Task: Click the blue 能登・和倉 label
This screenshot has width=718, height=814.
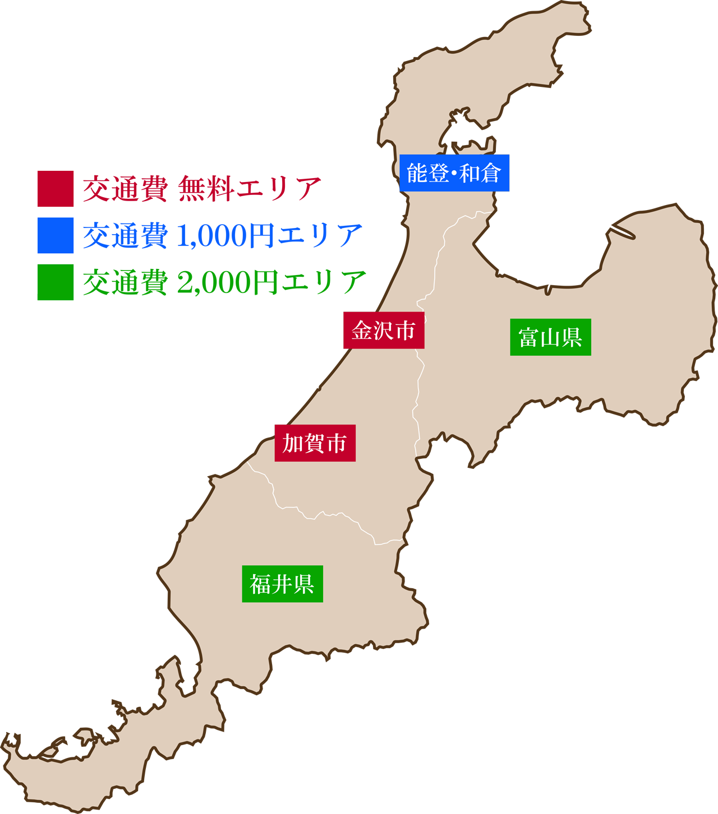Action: [x=454, y=173]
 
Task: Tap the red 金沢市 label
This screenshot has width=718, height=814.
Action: [x=384, y=331]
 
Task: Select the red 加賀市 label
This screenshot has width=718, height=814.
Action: [x=315, y=443]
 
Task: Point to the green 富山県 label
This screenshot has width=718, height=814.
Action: [x=550, y=337]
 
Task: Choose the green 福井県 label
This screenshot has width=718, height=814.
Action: [x=282, y=584]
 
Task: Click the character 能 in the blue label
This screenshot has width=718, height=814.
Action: [x=417, y=173]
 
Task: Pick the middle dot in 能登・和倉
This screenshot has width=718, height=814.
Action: [x=454, y=174]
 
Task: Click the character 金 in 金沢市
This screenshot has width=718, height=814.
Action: [x=362, y=331]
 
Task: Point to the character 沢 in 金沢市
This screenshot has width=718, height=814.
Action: [x=384, y=331]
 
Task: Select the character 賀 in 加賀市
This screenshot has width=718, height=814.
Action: [x=315, y=443]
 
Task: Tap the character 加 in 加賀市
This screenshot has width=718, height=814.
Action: [x=293, y=443]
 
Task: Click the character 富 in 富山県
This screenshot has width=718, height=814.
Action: [x=528, y=338]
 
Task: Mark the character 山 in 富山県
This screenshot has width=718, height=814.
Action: [x=550, y=338]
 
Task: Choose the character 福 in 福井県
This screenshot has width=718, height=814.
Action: [x=260, y=584]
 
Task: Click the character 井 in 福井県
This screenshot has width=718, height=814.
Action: [x=282, y=584]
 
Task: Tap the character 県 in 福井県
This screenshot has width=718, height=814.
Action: [x=304, y=584]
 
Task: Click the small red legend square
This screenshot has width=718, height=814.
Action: [x=56, y=189]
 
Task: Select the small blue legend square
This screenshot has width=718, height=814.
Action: [x=56, y=235]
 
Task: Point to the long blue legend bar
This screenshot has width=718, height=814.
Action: [x=223, y=236]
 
